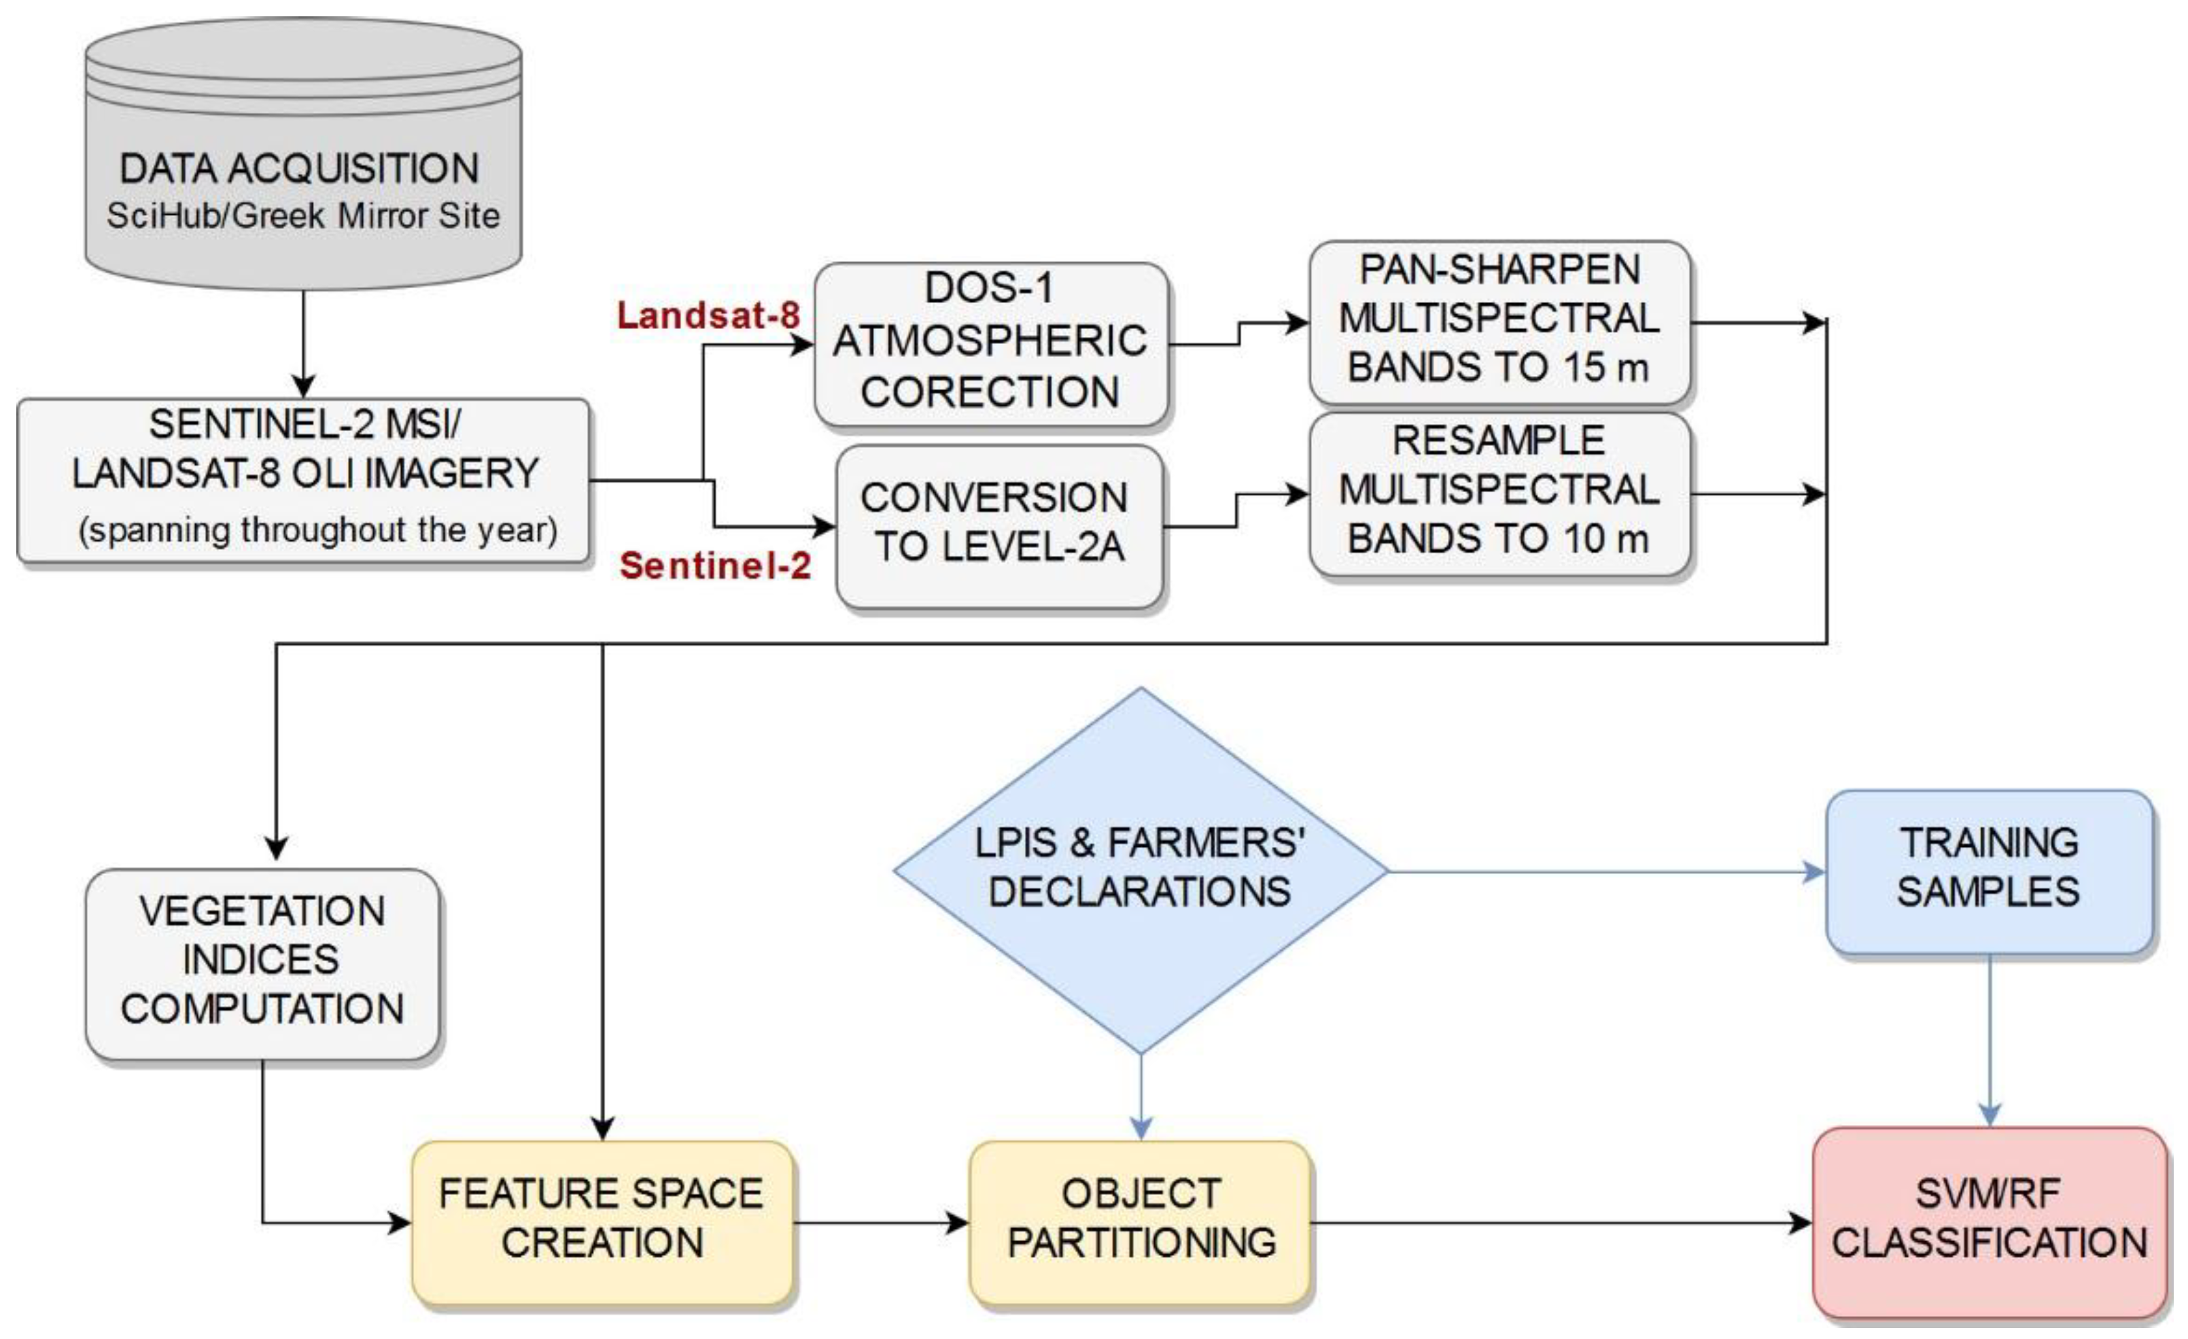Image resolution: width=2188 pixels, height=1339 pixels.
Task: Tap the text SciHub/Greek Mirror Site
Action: coord(302,215)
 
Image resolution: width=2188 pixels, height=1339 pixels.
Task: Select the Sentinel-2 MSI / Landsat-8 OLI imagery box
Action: coord(302,479)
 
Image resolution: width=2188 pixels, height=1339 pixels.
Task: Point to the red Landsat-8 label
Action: coord(708,315)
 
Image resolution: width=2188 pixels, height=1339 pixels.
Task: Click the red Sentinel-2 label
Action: coord(715,566)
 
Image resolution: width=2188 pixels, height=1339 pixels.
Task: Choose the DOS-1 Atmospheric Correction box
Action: coord(990,343)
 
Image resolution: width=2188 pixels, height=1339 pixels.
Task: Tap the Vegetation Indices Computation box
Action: coord(262,962)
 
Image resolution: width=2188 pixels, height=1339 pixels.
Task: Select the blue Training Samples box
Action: coord(1988,870)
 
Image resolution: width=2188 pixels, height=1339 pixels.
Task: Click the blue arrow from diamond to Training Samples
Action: coord(1599,872)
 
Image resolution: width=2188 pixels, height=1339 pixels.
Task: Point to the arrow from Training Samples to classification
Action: coord(1989,1039)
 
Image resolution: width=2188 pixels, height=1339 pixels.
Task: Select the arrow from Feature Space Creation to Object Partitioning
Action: coord(879,1223)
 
